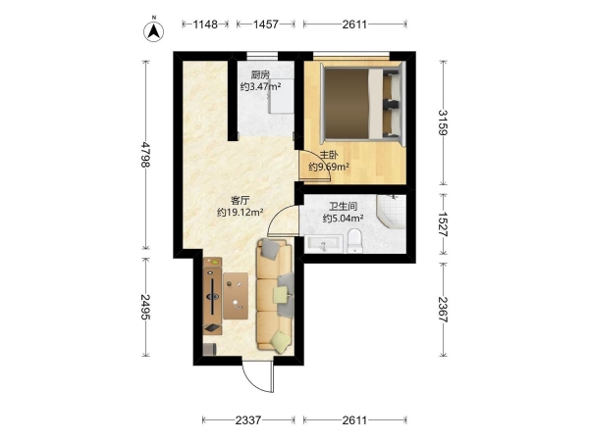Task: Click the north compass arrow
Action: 154,31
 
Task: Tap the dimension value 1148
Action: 205,24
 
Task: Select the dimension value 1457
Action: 266,24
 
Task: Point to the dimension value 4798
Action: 145,154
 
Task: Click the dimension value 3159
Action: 444,122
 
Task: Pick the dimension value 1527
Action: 444,223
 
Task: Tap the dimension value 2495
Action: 145,307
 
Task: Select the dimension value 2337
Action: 248,420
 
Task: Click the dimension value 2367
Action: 444,310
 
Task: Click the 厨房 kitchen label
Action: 260,75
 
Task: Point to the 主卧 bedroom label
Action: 329,155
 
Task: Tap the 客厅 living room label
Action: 240,201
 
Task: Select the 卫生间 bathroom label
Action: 343,206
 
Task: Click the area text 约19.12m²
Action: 240,213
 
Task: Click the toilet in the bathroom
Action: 354,241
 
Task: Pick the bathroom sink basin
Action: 323,243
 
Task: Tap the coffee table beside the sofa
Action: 236,296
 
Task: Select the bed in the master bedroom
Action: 363,103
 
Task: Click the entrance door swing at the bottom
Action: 259,377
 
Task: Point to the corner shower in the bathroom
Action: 392,212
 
